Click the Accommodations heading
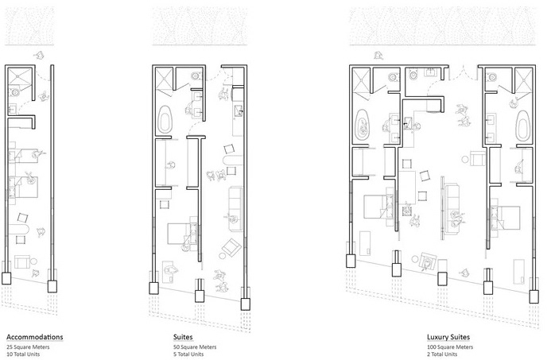pyautogui.click(x=35, y=337)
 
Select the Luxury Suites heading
pyautogui.click(x=448, y=337)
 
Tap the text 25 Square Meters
pyautogui.click(x=28, y=347)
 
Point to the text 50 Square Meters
pyautogui.click(x=195, y=347)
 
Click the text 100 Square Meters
pyautogui.click(x=450, y=347)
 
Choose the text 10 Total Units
pyautogui.click(x=23, y=354)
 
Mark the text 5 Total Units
pyautogui.click(x=188, y=354)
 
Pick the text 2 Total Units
pyautogui.click(x=442, y=354)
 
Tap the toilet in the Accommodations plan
pyautogui.click(x=15, y=93)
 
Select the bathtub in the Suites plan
pyautogui.click(x=165, y=118)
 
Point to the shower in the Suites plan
pyautogui.click(x=164, y=79)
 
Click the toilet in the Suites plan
pyautogui.click(x=196, y=75)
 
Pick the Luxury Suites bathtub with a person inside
pyautogui.click(x=363, y=125)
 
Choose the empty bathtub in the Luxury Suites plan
pyautogui.click(x=523, y=125)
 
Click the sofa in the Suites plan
pyautogui.click(x=235, y=209)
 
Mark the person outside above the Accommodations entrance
pyautogui.click(x=40, y=55)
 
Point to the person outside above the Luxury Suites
pyautogui.click(x=378, y=55)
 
